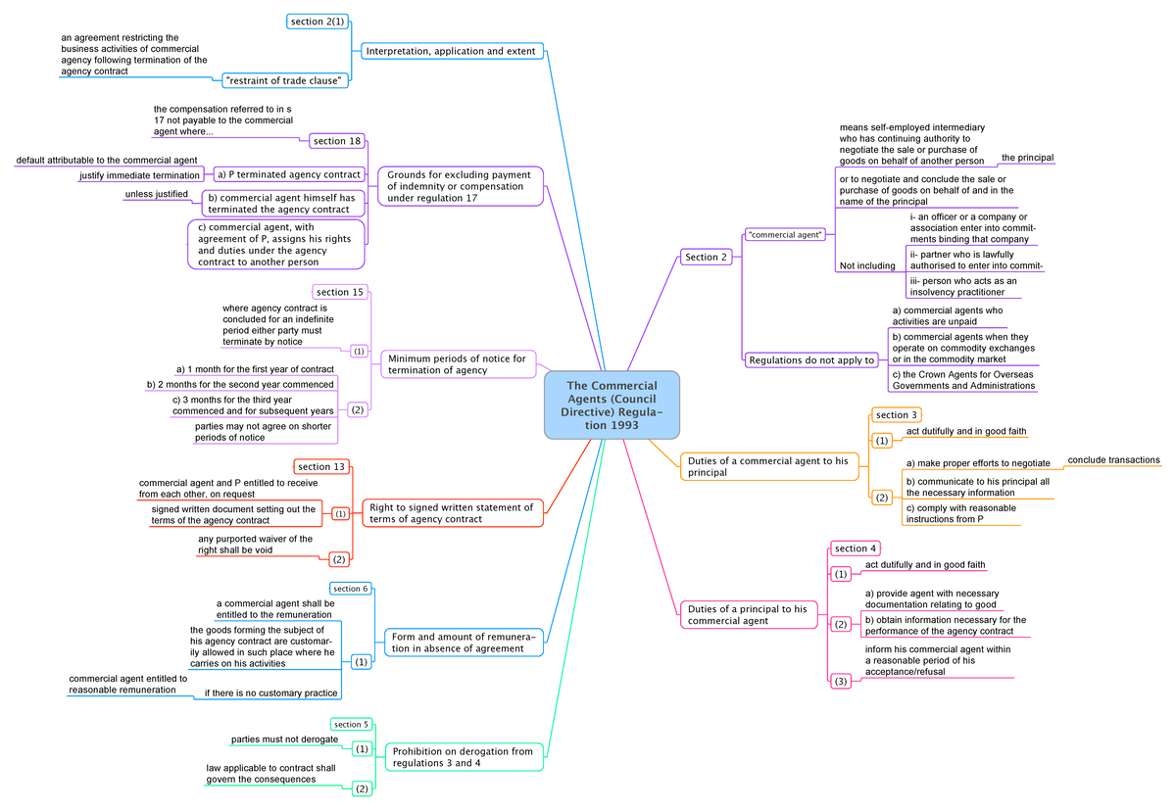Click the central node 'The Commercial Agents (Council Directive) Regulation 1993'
612,405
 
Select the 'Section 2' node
707,258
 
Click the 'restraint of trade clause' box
284,80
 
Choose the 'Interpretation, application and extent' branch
451,51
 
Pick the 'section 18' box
337,141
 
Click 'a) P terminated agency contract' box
287,174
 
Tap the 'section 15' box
340,292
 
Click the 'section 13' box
321,466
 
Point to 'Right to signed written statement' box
453,513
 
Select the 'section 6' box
350,589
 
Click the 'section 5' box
351,725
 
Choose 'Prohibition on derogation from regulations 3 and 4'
463,757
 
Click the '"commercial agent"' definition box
785,234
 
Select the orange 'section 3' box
897,415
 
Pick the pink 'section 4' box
857,548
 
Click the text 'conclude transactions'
1113,460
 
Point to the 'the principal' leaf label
1027,158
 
